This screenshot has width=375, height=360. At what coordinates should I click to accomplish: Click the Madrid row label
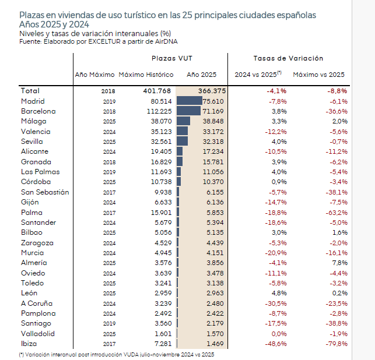click(x=33, y=101)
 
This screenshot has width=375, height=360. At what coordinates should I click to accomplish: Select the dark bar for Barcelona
click(x=189, y=111)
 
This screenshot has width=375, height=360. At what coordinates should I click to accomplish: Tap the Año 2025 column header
click(x=201, y=75)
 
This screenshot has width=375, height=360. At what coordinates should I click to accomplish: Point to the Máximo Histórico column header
click(x=146, y=75)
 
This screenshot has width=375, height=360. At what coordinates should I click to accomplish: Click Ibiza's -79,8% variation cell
click(x=336, y=344)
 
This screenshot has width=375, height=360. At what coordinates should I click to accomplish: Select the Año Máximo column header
click(x=94, y=75)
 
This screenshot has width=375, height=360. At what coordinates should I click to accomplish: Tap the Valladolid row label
click(x=38, y=334)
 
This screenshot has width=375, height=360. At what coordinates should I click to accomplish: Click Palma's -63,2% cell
click(x=336, y=212)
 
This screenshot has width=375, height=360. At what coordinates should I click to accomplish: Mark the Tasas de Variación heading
click(x=288, y=59)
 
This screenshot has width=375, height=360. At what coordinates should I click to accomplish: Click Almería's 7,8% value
click(x=339, y=263)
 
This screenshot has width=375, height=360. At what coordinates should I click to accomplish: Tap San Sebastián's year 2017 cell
click(x=108, y=192)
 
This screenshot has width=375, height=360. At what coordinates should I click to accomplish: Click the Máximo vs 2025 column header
click(x=318, y=75)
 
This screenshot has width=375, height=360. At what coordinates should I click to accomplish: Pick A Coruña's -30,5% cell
click(x=275, y=303)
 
